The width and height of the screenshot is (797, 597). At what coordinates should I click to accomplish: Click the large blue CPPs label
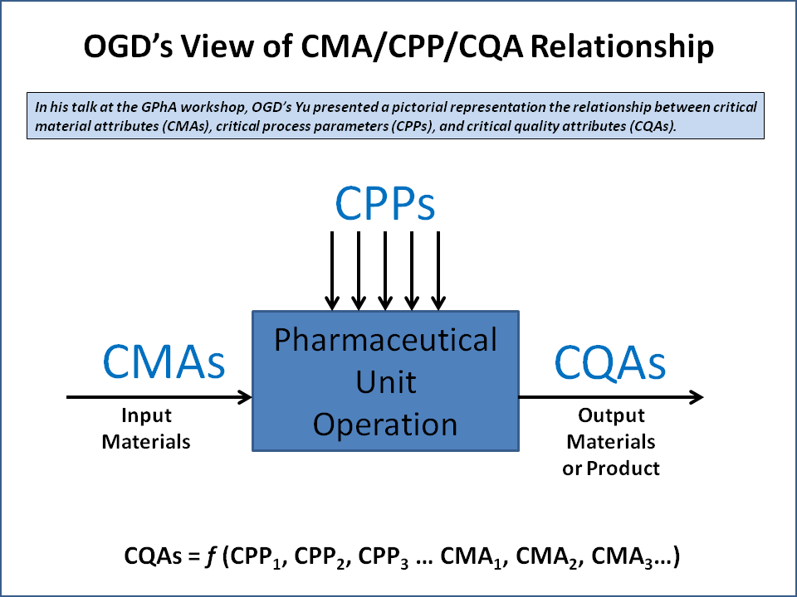pos(385,203)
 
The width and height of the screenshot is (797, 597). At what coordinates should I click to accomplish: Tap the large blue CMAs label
pos(164,362)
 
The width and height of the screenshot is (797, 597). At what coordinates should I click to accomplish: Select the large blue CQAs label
pos(609,362)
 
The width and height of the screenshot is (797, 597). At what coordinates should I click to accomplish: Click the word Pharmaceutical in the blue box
pos(386,340)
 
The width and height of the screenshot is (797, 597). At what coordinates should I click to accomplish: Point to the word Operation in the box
pos(386,425)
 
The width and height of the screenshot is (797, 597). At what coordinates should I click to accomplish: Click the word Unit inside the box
pos(386,382)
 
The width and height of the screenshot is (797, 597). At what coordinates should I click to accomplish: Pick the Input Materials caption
pos(146,429)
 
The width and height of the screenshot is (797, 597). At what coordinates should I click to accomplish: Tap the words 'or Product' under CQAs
pos(611,468)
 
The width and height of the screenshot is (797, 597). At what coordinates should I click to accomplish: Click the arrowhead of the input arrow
pos(245,397)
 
